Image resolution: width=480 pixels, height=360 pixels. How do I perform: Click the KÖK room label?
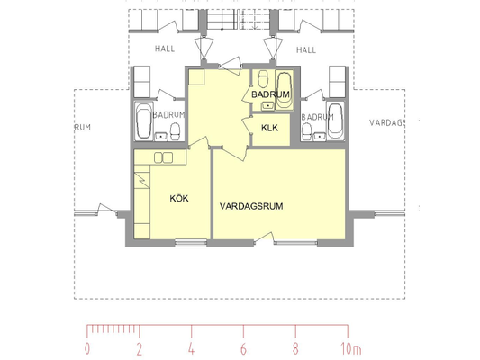(x=179, y=199)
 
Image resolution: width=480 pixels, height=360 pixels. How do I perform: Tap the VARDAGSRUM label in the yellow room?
(x=251, y=206)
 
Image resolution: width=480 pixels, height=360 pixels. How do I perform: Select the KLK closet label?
(x=269, y=128)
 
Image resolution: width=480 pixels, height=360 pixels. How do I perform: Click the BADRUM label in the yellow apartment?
(x=270, y=94)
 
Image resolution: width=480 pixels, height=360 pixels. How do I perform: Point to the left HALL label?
(x=165, y=49)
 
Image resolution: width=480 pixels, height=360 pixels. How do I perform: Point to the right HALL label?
(x=306, y=49)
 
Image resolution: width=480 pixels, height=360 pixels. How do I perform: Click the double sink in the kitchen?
(x=163, y=157)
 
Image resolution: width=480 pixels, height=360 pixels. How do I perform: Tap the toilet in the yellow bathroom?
(x=263, y=78)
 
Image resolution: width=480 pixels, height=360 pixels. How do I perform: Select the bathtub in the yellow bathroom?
(x=284, y=90)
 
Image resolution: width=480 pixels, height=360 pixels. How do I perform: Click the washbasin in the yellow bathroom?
(x=267, y=106)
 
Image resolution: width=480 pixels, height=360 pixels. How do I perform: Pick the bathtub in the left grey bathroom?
(x=143, y=121)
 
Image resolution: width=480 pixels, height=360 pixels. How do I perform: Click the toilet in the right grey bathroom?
(x=306, y=132)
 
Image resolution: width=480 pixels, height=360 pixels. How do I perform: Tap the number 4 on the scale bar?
(x=191, y=348)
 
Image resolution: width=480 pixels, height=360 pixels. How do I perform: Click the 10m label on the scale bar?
(x=351, y=348)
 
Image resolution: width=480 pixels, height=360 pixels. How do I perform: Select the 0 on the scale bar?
(x=87, y=348)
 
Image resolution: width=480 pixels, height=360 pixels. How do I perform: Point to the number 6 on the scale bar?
(x=243, y=348)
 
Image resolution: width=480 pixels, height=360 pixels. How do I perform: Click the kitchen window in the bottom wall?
(x=191, y=243)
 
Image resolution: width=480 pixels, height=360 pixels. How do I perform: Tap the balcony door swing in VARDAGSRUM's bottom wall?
(x=264, y=238)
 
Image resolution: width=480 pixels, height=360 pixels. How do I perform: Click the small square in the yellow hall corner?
(x=196, y=77)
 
